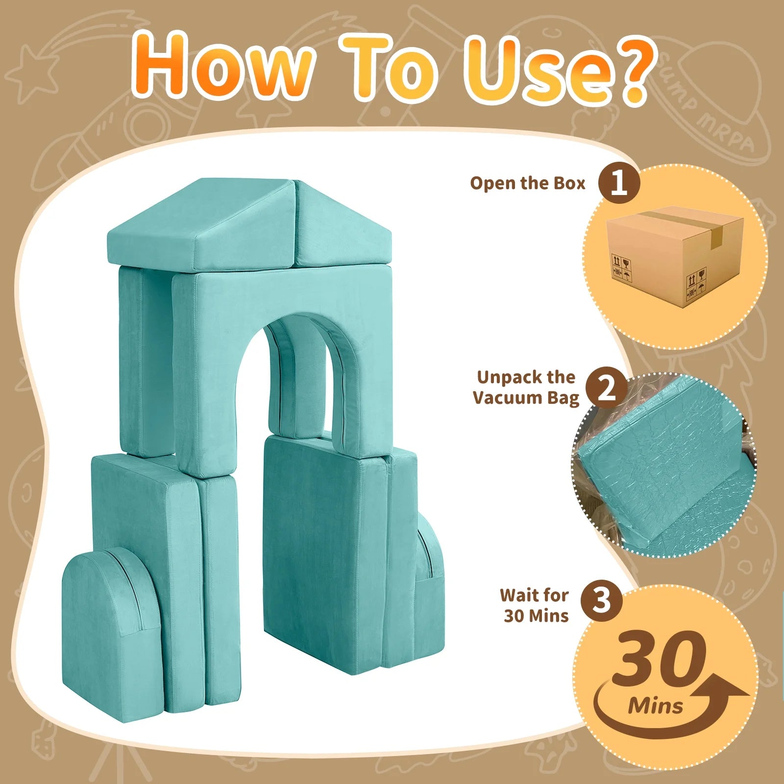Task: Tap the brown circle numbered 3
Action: coord(601,601)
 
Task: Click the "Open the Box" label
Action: coord(528,183)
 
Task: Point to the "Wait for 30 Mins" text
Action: coord(535,605)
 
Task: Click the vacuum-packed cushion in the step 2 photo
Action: coord(661,465)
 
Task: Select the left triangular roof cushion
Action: coord(201,225)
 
